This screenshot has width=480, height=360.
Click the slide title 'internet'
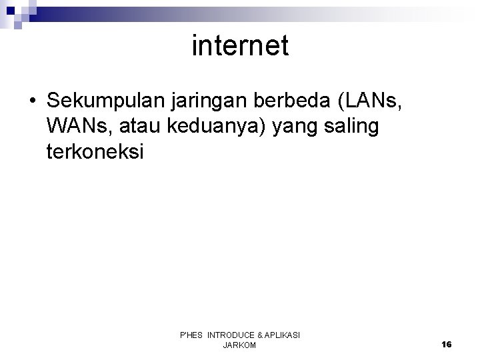[240, 46]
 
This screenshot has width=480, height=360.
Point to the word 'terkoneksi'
[95, 152]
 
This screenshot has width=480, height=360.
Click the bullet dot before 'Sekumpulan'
[33, 101]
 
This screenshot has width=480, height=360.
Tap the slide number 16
[446, 344]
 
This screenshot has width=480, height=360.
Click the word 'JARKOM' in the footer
[239, 345]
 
